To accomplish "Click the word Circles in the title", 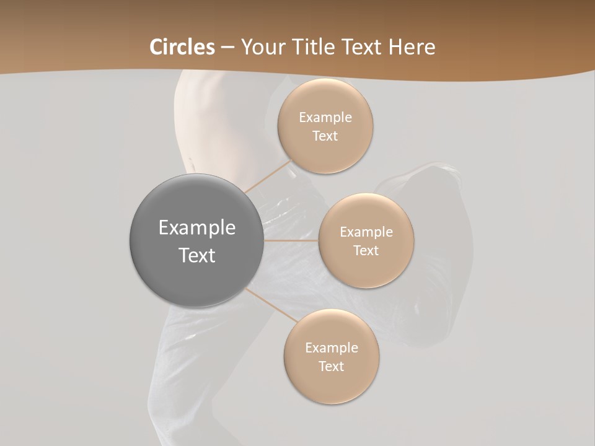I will coord(182,47).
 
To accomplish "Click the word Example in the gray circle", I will coord(197,228).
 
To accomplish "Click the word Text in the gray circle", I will coord(197,255).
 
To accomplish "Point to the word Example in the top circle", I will coord(325,118).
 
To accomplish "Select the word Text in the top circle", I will coord(325,136).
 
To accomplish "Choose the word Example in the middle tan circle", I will coord(366,232).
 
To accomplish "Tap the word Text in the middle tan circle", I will coord(366,251).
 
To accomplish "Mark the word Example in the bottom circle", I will coord(332,348).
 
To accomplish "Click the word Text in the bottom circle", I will coord(332,367).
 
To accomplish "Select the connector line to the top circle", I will coord(268,177).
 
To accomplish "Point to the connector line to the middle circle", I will coord(291,240).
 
